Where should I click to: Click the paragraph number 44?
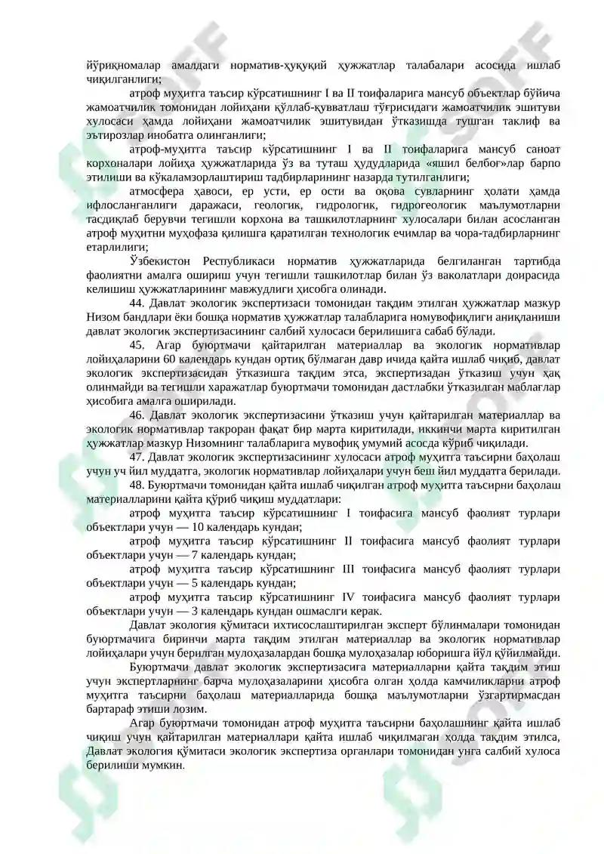137,304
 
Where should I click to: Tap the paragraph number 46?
137,415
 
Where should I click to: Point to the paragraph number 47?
137,458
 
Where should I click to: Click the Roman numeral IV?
352,597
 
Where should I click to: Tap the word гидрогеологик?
427,205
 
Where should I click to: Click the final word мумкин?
161,765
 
